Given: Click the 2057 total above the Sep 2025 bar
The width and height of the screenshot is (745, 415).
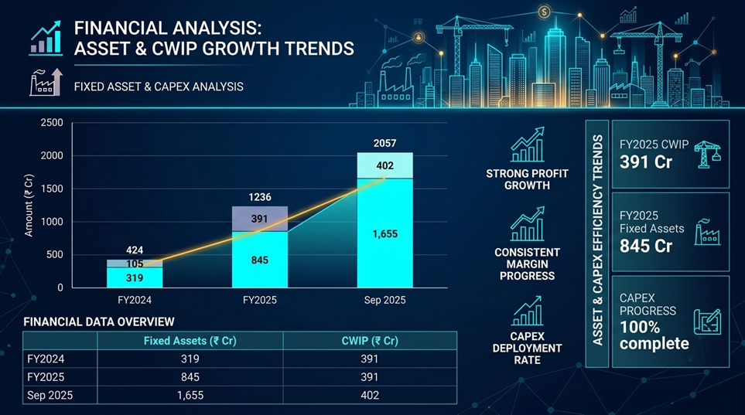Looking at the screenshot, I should (x=384, y=143).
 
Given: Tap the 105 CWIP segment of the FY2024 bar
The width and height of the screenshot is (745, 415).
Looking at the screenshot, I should (x=135, y=264).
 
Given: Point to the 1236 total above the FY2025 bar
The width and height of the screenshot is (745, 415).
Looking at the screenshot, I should (x=260, y=197).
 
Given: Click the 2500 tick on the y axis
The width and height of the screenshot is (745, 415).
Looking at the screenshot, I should (x=51, y=123).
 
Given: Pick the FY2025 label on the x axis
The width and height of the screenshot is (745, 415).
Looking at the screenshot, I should (x=260, y=300).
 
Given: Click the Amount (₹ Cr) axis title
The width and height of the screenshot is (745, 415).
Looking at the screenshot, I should (x=29, y=205).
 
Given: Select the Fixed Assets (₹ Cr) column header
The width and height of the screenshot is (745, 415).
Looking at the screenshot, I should (x=190, y=341).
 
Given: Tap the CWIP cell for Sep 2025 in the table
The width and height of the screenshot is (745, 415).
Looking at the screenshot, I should (x=370, y=395).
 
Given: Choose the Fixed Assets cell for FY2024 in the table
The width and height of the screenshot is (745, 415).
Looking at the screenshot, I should (x=190, y=359).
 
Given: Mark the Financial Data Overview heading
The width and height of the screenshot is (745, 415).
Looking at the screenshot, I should (x=99, y=321).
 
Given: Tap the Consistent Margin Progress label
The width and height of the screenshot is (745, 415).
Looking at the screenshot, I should (x=527, y=264).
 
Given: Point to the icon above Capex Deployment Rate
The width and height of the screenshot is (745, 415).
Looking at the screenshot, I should (x=527, y=312).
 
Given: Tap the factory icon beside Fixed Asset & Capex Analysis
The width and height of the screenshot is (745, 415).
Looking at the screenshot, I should (x=45, y=82).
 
